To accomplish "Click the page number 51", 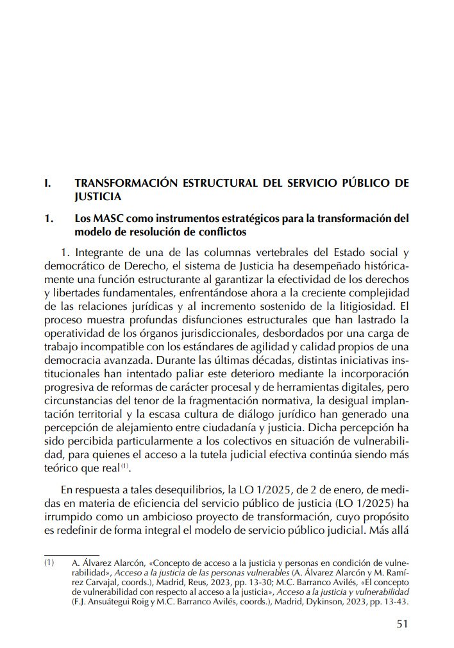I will tap(402, 623).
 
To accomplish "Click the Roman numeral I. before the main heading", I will tap(47, 183).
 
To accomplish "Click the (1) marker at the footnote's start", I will tap(49, 563).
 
